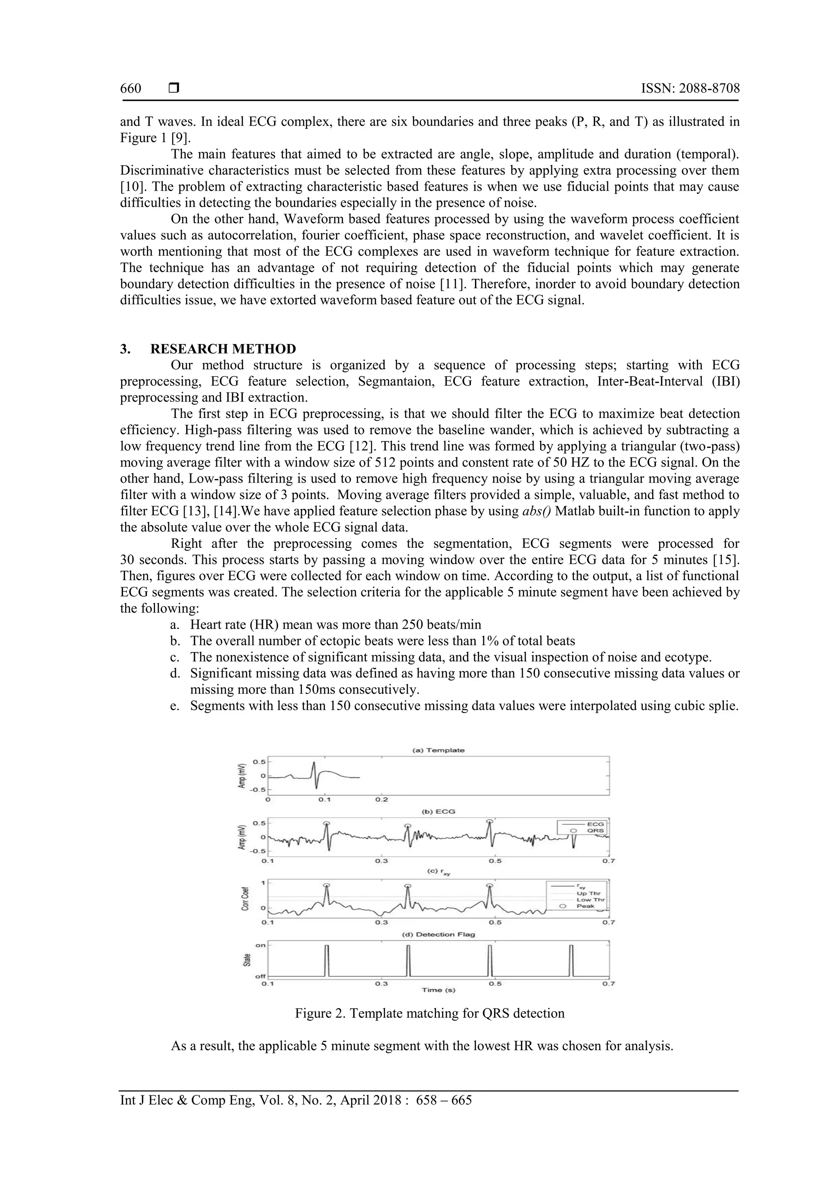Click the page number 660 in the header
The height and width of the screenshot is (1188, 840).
coord(130,89)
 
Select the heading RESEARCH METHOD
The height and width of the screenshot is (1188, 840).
coord(223,349)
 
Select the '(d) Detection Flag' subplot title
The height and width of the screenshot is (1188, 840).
coord(438,935)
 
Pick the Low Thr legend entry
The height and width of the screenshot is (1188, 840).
coord(590,900)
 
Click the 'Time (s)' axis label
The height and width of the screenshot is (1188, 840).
coord(438,990)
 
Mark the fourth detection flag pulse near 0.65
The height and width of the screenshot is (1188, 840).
coord(571,960)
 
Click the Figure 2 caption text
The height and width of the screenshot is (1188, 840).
coord(429,1013)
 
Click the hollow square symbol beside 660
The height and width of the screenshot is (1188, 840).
coord(174,89)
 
